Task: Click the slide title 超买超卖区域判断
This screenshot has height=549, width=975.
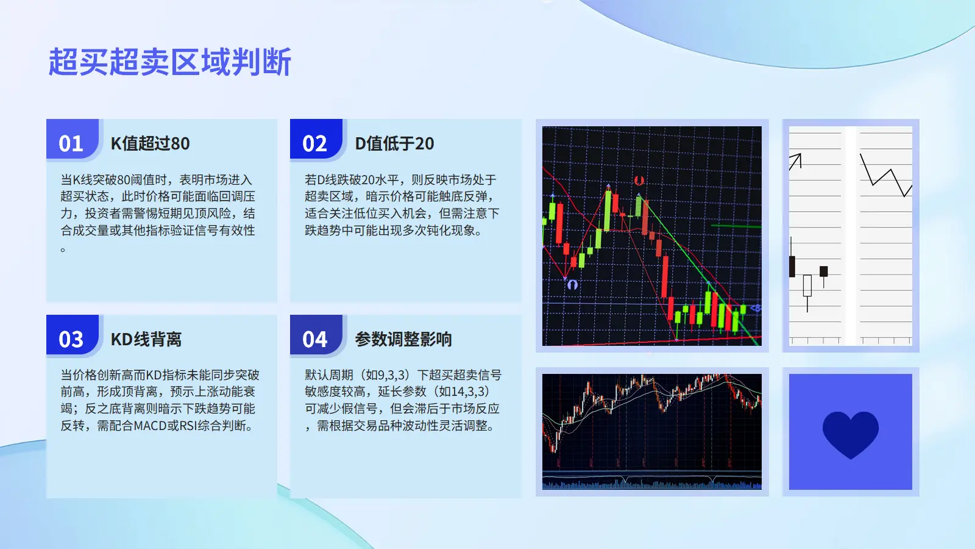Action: (170, 62)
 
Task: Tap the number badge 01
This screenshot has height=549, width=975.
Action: (71, 143)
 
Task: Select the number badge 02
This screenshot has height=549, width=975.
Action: (314, 143)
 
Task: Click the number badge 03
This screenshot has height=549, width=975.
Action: (71, 339)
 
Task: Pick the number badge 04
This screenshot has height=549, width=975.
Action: (314, 339)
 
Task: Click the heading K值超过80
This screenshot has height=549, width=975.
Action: (150, 143)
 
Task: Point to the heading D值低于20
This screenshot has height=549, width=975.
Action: (394, 143)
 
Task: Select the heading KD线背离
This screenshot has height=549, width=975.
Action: (146, 339)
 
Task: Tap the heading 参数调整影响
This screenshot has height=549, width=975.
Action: (403, 339)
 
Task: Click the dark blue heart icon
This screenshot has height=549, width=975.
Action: (851, 434)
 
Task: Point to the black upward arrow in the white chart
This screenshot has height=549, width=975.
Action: (796, 161)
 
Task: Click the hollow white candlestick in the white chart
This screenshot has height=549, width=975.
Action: (807, 286)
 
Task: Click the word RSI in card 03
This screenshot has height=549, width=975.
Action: (188, 425)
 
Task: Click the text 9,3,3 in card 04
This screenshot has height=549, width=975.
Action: (395, 375)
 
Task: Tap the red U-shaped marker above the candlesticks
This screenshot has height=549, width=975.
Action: (639, 180)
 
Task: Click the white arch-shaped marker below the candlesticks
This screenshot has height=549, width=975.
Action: (572, 284)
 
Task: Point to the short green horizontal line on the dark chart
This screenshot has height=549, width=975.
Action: (736, 226)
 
